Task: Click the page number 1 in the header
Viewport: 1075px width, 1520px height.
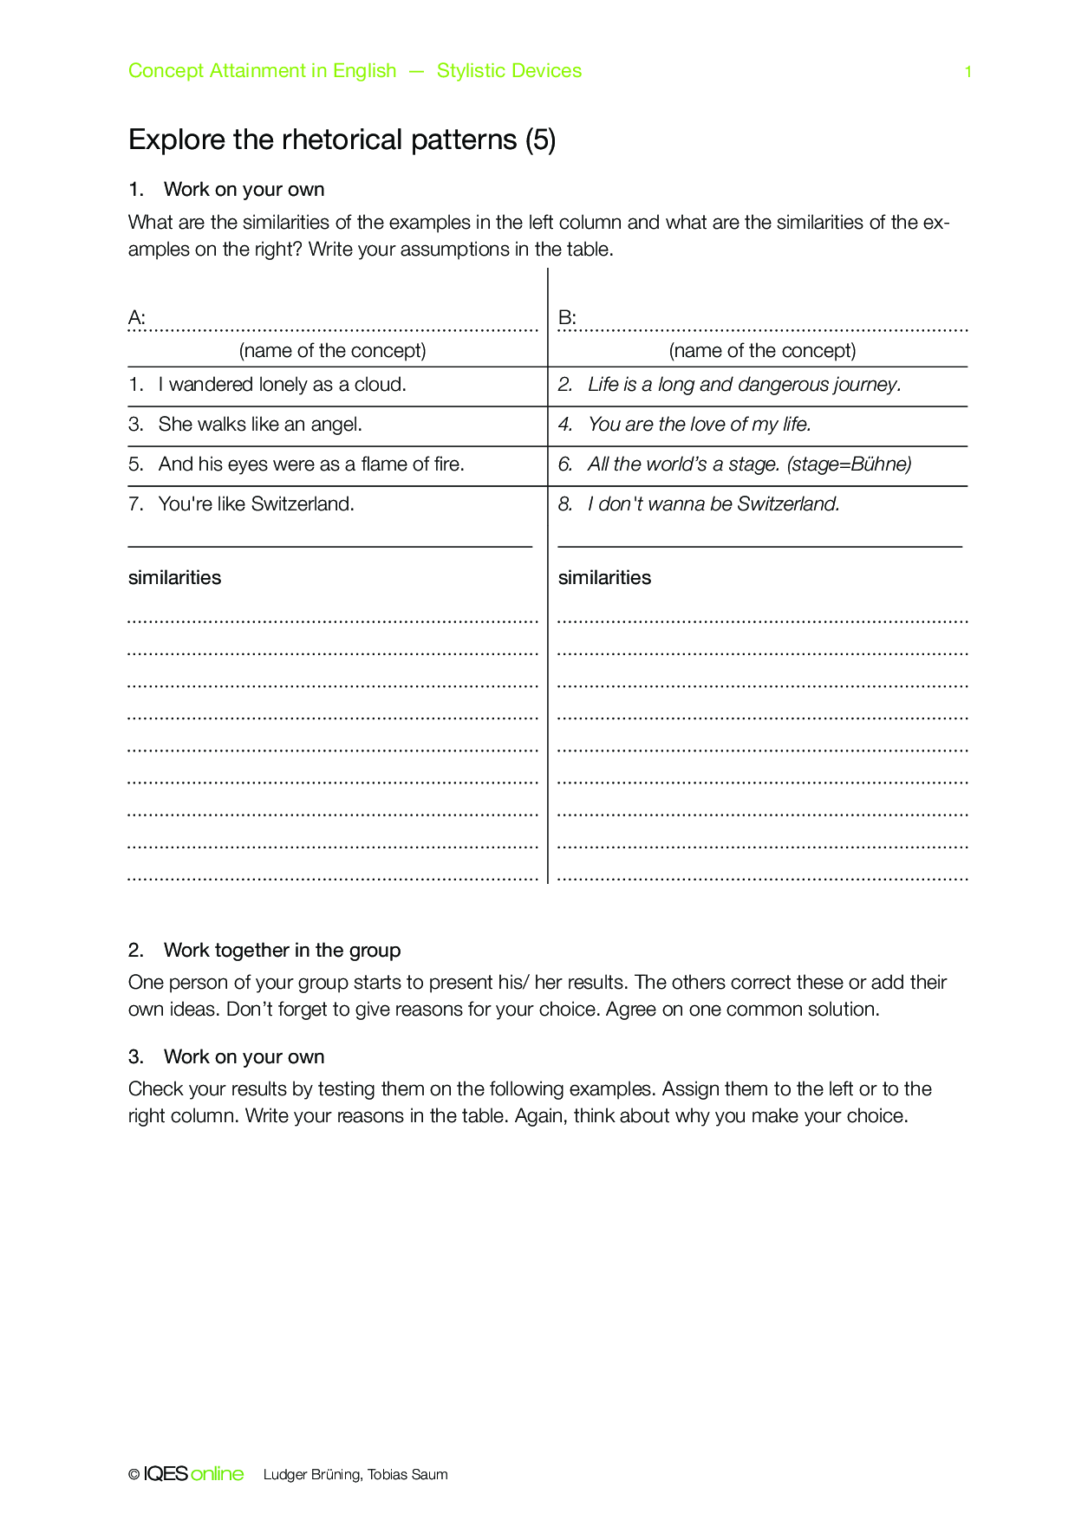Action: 967,72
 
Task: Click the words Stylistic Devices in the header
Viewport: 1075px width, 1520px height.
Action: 509,71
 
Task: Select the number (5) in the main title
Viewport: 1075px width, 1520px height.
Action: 540,140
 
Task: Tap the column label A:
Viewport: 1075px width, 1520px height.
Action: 137,318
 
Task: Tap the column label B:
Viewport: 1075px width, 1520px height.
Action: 567,318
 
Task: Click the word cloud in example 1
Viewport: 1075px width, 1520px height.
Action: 379,385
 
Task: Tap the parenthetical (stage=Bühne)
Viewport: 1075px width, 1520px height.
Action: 849,464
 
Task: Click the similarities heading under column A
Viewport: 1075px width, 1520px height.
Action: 174,578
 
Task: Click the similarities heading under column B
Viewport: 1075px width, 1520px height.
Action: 604,578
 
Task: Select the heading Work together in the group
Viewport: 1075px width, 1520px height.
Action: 282,951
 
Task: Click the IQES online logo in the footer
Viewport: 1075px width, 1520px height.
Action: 193,1474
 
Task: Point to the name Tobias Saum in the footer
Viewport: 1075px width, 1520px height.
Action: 407,1475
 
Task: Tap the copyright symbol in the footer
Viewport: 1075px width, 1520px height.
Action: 134,1475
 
